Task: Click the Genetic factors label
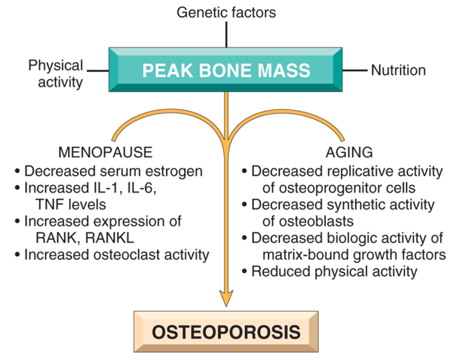pos(226,12)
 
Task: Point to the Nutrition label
pos(398,70)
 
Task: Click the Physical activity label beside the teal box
pos(55,73)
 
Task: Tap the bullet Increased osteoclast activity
pos(116,254)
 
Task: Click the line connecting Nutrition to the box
pos(356,69)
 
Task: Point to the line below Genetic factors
pos(226,35)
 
